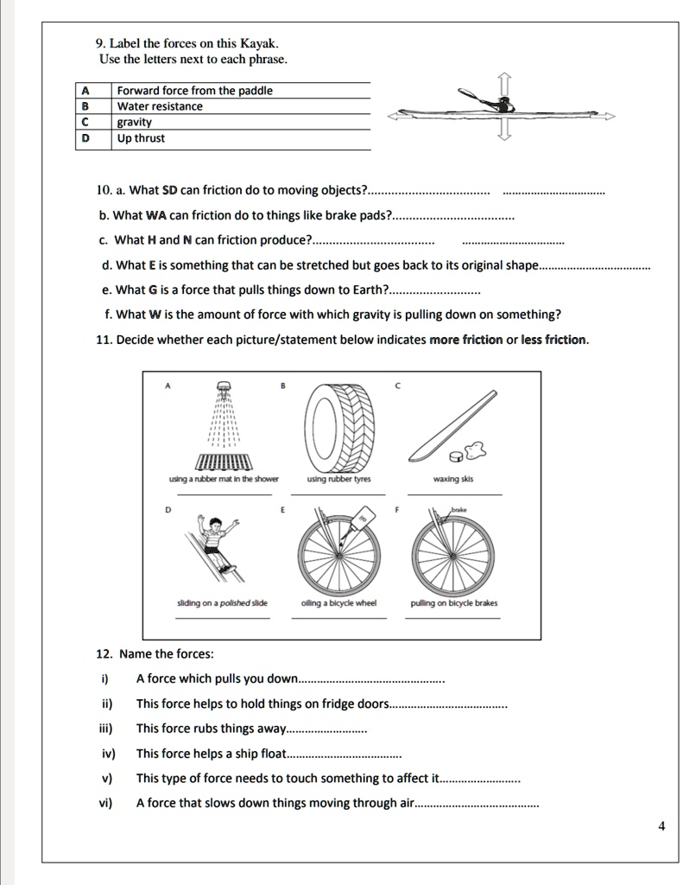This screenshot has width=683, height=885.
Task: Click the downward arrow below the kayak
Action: pos(506,131)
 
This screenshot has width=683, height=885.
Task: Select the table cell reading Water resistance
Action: pos(160,106)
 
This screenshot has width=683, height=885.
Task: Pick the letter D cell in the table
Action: pos(85,138)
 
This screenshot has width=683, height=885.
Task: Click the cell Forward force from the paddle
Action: pos(194,91)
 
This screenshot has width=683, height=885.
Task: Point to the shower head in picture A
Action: pos(224,387)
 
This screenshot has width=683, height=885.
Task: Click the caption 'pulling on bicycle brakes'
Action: pos(454,603)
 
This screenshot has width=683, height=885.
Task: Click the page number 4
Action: pos(661,825)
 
